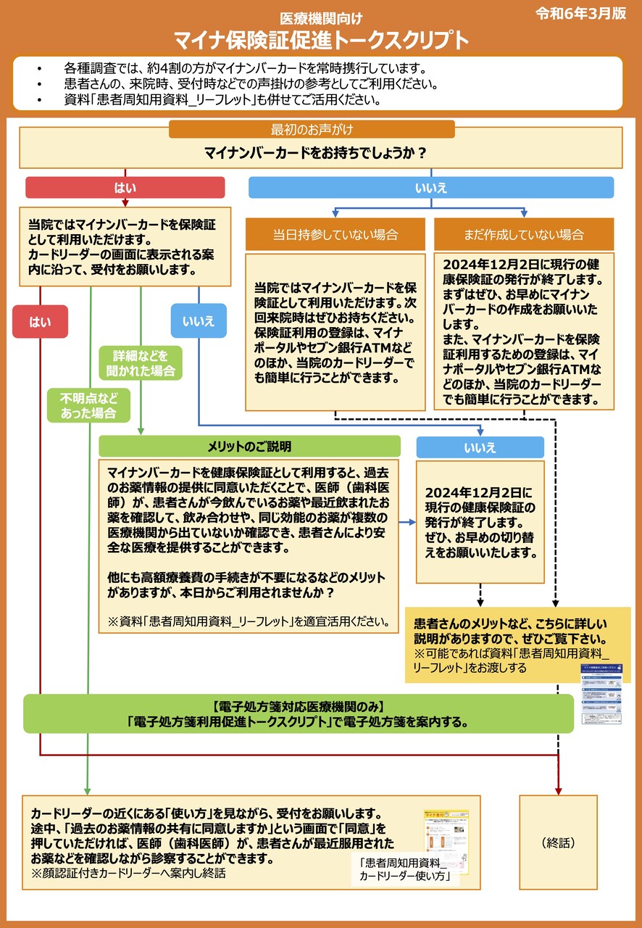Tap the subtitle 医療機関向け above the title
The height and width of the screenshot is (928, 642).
tap(321, 17)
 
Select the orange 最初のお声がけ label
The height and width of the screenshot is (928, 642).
tap(312, 130)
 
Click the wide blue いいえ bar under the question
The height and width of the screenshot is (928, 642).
tap(430, 188)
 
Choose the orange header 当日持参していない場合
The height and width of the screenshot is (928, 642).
tap(335, 234)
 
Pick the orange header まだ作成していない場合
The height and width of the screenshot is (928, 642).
tap(523, 234)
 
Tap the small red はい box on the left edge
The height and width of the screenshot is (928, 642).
tap(40, 321)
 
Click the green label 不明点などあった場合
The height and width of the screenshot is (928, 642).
tap(88, 406)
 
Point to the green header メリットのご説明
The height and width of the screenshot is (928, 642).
tap(249, 446)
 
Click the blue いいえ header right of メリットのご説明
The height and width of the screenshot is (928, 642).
tap(480, 447)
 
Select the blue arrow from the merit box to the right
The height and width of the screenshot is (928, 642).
tap(409, 522)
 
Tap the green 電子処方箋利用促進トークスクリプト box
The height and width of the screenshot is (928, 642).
tap(298, 714)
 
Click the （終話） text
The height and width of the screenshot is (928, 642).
tap(558, 843)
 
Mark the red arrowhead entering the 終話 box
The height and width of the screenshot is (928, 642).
tap(558, 789)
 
